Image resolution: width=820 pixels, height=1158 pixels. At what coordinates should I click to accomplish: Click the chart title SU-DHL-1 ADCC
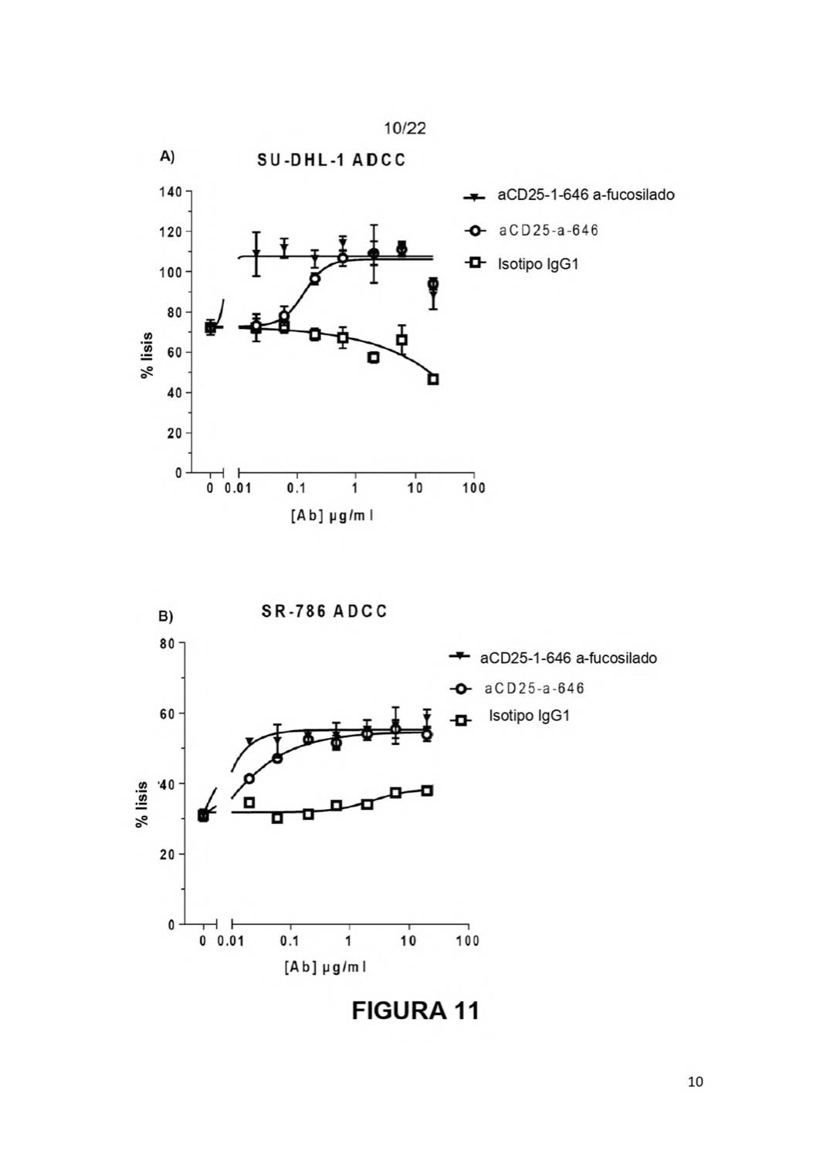click(x=331, y=161)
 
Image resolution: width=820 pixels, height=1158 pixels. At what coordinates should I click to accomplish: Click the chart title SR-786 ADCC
click(x=324, y=611)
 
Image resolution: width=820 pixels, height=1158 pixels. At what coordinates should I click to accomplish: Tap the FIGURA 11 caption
click(x=415, y=1011)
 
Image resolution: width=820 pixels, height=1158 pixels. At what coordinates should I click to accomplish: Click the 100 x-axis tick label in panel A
click(x=474, y=488)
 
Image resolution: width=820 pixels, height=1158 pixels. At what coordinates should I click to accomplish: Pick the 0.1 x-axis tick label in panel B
click(x=290, y=940)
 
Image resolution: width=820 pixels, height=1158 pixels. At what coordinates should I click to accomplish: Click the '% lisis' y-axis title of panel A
click(x=147, y=355)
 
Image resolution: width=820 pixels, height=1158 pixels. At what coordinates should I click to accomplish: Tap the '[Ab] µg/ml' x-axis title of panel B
click(x=325, y=967)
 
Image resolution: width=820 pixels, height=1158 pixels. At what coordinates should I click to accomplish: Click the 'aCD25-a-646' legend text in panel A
click(x=548, y=230)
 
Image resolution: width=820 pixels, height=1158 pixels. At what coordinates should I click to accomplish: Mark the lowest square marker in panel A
click(x=433, y=380)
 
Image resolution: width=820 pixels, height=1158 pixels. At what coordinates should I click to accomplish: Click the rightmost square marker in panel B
click(x=427, y=791)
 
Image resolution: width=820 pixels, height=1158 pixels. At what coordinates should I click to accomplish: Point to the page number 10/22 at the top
click(x=405, y=128)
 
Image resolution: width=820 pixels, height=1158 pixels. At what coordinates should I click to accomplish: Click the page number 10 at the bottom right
click(x=696, y=1082)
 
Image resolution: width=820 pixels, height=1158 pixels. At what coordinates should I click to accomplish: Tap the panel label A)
click(x=167, y=157)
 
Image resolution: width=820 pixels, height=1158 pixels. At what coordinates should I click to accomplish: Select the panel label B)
click(x=165, y=617)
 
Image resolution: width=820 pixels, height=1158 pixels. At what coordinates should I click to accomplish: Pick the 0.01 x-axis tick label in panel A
click(x=239, y=488)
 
